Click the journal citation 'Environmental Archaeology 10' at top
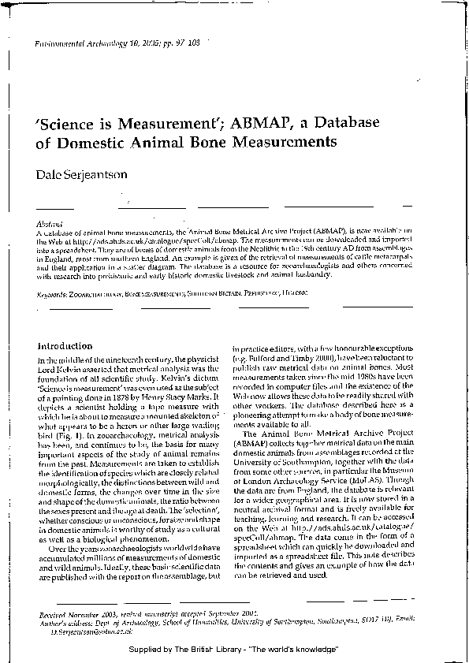pyautogui.click(x=87, y=46)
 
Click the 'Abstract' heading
pyautogui.click(x=50, y=224)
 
